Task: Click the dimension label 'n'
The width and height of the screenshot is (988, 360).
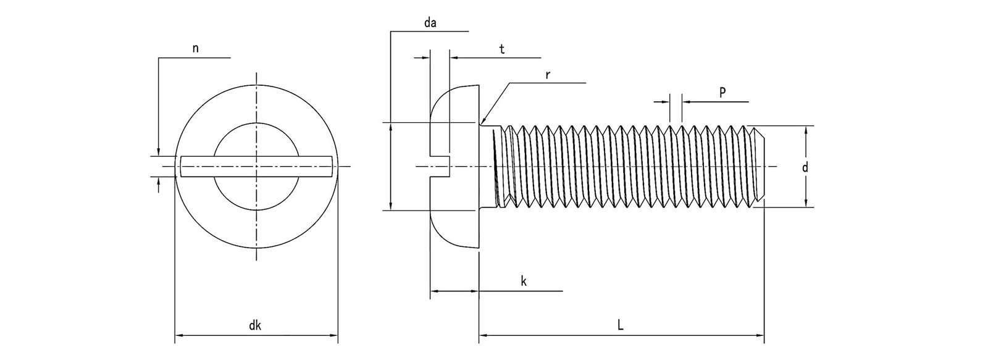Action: pos(196,49)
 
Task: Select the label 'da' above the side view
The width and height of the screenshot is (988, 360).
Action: pos(430,23)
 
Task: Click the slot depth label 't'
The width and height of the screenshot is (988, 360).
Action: pos(502,49)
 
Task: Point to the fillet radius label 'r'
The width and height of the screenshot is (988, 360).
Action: pos(548,74)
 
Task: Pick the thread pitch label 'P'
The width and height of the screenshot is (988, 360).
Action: pos(722,92)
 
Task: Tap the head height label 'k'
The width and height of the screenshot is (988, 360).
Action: pos(523,282)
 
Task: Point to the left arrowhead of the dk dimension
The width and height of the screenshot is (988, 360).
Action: pos(179,337)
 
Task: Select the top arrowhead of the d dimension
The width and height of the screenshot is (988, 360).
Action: pos(806,130)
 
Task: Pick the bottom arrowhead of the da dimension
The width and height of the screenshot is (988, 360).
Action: pos(390,206)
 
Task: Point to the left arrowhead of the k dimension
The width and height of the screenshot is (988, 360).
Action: pos(433,290)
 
